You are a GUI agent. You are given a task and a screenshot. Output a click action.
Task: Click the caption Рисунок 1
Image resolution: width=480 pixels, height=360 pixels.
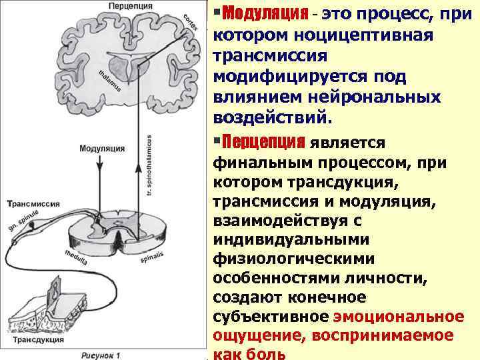pos(103,354)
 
